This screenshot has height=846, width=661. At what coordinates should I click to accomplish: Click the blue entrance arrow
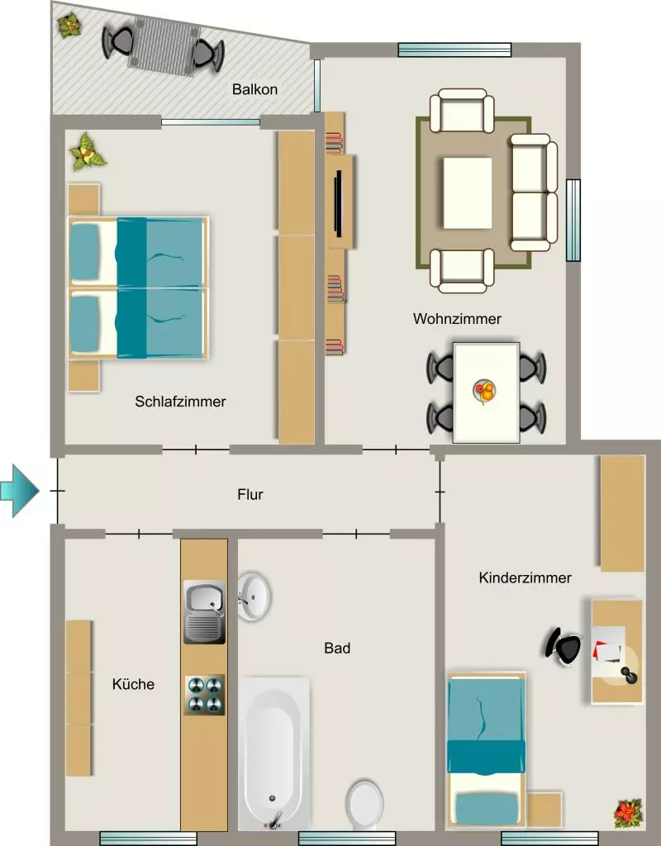coord(20,491)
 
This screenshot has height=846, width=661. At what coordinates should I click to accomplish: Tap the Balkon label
coord(254,89)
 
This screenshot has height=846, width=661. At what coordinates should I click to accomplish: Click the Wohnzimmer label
coord(457,318)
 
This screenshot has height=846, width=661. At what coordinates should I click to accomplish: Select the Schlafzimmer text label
coord(180,402)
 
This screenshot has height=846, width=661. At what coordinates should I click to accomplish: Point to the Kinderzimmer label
coord(525,577)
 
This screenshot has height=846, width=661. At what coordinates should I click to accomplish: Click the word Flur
coord(250,494)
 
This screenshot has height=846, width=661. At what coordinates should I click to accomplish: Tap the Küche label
coord(133,684)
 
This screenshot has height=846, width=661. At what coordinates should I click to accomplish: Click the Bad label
coord(337,648)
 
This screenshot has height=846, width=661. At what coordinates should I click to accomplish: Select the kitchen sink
coord(204,612)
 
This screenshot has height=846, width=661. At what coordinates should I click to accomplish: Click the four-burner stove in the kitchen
coord(205,696)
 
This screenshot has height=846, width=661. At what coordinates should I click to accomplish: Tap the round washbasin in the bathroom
coord(254,596)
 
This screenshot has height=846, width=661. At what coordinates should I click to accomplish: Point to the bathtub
coord(274,754)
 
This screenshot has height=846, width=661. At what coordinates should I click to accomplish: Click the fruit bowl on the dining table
coord(484,390)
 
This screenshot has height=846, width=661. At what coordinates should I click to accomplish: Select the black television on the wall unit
coord(339,203)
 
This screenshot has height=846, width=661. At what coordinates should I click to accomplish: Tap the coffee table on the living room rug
coord(468,192)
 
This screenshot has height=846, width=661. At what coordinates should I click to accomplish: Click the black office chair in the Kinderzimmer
coord(564,646)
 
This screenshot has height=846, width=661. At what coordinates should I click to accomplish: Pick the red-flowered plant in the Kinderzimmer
coord(629,814)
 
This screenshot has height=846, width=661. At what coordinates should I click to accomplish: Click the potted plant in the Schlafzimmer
coord(87,153)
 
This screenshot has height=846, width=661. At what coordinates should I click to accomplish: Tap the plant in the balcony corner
coord(69,26)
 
